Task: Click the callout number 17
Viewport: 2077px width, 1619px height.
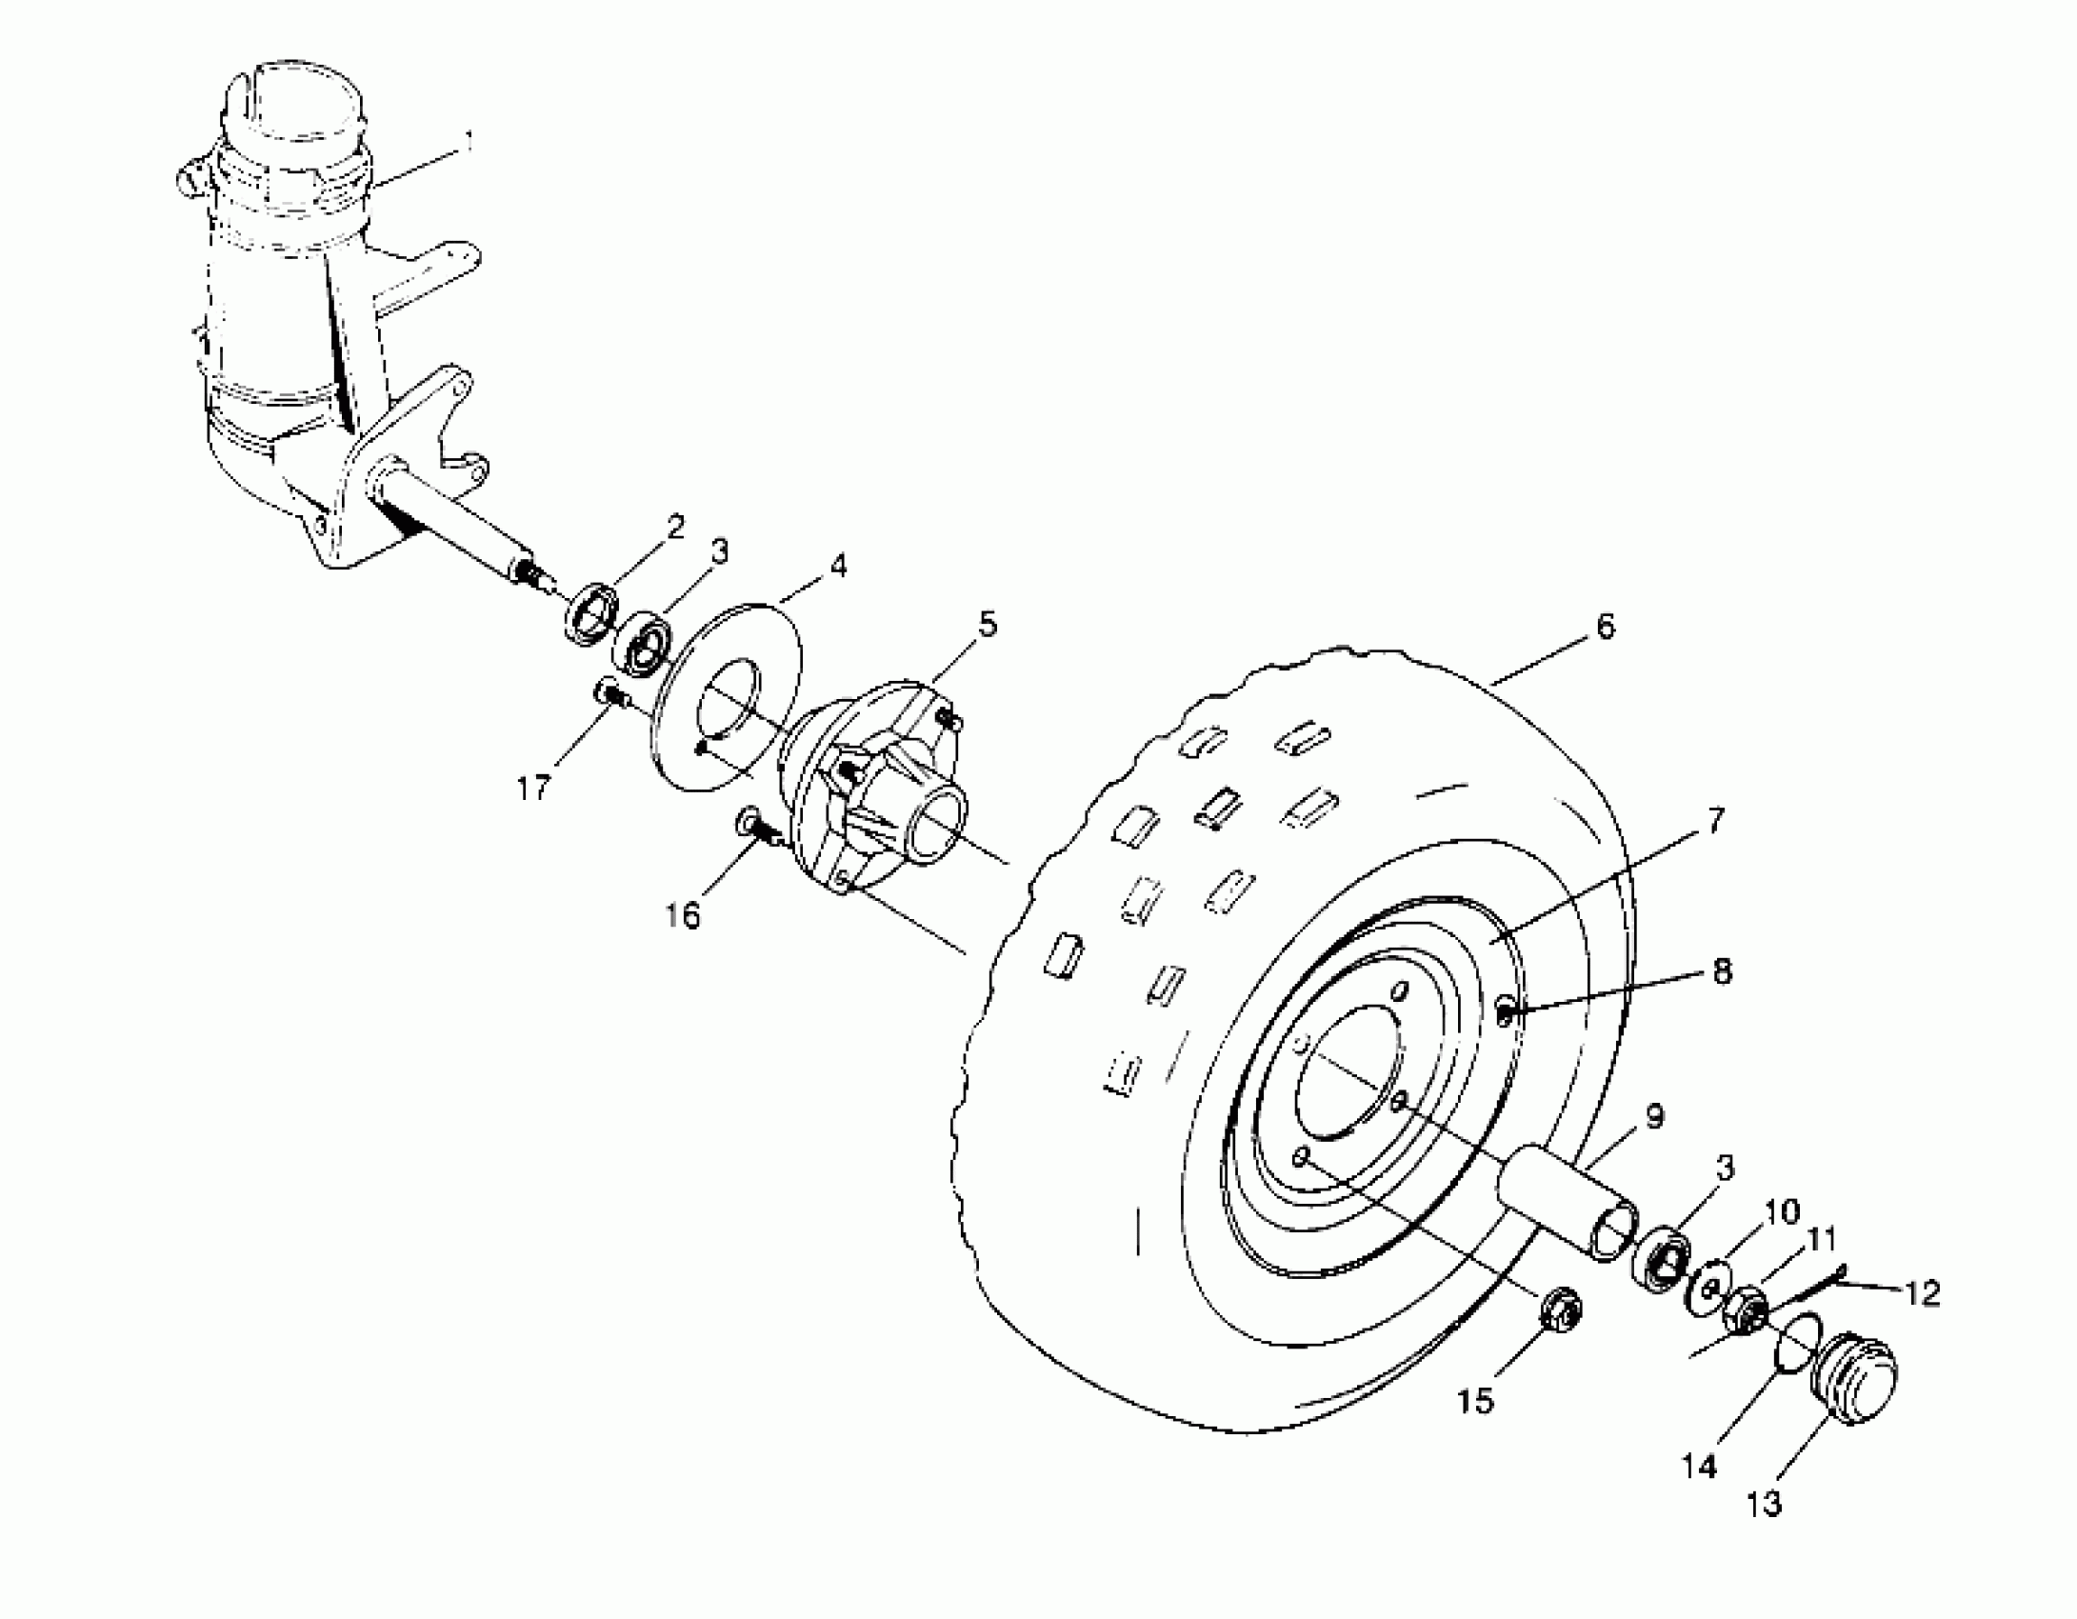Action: pos(534,788)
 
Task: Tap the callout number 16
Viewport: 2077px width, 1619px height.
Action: pos(684,915)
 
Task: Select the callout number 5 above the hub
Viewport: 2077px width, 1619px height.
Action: pos(987,626)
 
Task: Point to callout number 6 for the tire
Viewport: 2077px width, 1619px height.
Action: pos(1605,628)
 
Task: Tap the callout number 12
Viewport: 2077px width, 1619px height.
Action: pos(1924,1293)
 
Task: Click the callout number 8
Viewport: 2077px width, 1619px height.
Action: pos(1722,973)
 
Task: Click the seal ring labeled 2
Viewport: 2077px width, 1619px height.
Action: pos(592,616)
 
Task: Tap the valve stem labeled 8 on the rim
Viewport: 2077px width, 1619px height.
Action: pos(1504,1015)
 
